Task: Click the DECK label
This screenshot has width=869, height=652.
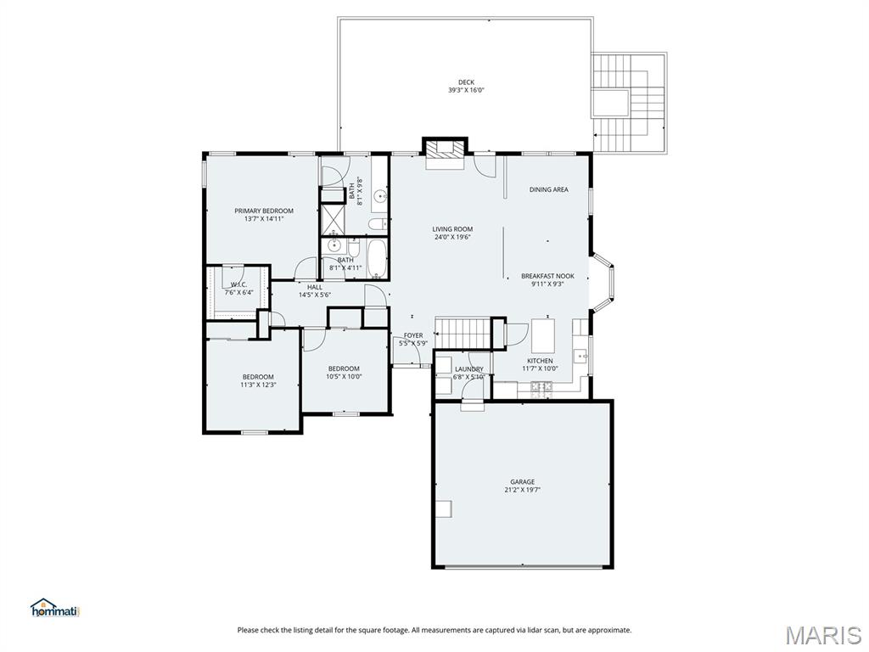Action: tap(466, 82)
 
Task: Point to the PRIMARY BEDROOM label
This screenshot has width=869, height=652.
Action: tap(264, 211)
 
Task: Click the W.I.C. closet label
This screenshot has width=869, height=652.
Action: tap(238, 285)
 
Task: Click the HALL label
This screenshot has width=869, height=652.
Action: tap(315, 287)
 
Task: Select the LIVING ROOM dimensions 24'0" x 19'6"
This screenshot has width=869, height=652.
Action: tap(452, 238)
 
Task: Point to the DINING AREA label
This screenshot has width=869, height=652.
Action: tap(549, 189)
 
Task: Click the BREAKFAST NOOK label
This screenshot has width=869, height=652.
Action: tap(547, 276)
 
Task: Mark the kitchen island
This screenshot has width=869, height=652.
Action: tap(543, 335)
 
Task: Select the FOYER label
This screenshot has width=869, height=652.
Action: tap(413, 335)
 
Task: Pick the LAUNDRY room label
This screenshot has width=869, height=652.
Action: tap(468, 368)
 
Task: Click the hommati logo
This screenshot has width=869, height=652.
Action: tap(54, 608)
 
